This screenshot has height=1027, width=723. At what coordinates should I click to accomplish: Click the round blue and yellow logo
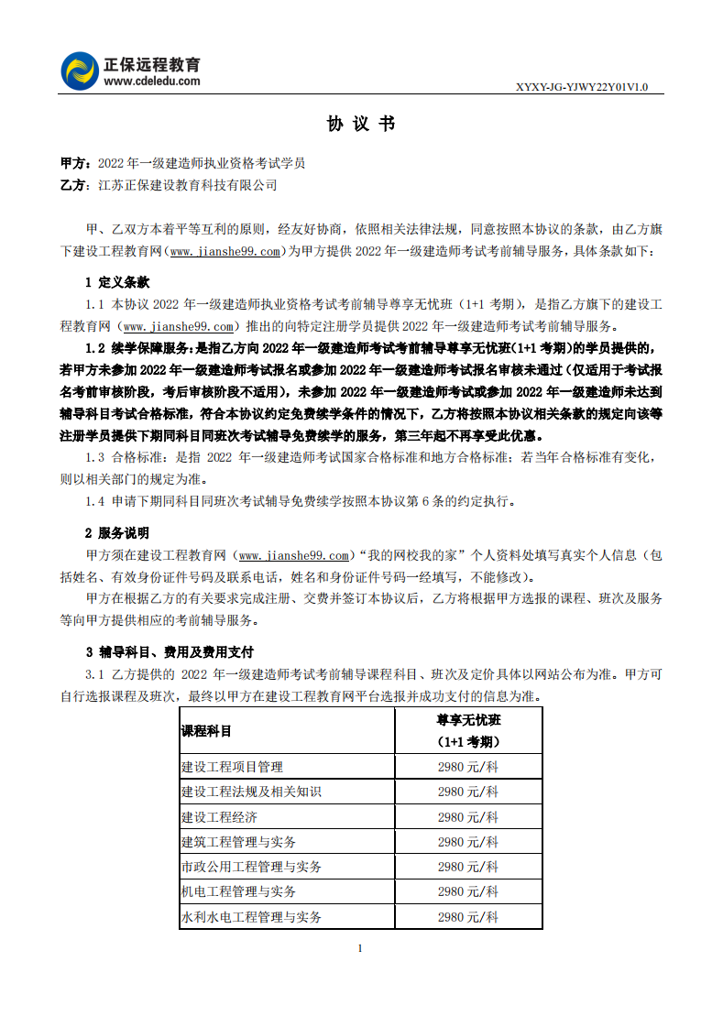80,71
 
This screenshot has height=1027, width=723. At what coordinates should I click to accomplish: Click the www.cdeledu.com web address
152,81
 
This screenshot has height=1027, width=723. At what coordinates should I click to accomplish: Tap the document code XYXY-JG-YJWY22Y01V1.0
582,87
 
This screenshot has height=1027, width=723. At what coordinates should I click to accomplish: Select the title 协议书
361,124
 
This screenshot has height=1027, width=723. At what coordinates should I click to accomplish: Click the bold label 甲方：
77,163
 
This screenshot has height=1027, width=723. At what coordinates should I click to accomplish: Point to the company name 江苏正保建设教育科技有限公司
187,185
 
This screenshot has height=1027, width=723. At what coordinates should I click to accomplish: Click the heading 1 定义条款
117,282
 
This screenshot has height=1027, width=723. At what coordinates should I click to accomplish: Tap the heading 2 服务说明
117,532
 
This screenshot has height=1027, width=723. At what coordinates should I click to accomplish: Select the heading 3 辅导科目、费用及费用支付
170,652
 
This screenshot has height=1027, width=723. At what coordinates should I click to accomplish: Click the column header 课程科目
207,731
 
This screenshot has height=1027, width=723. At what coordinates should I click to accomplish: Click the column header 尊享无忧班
468,720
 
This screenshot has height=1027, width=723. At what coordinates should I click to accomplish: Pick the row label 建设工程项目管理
232,767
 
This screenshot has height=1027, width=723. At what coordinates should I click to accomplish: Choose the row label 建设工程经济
219,816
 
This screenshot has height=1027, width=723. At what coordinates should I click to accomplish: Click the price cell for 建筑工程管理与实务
468,841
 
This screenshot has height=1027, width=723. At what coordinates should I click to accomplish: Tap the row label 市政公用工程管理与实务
251,866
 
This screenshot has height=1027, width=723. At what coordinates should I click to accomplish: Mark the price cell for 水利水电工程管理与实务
468,916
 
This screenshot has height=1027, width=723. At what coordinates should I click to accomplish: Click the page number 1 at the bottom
361,948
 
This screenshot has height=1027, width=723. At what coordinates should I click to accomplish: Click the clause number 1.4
95,501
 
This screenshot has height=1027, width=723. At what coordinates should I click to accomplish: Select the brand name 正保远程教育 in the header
152,64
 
